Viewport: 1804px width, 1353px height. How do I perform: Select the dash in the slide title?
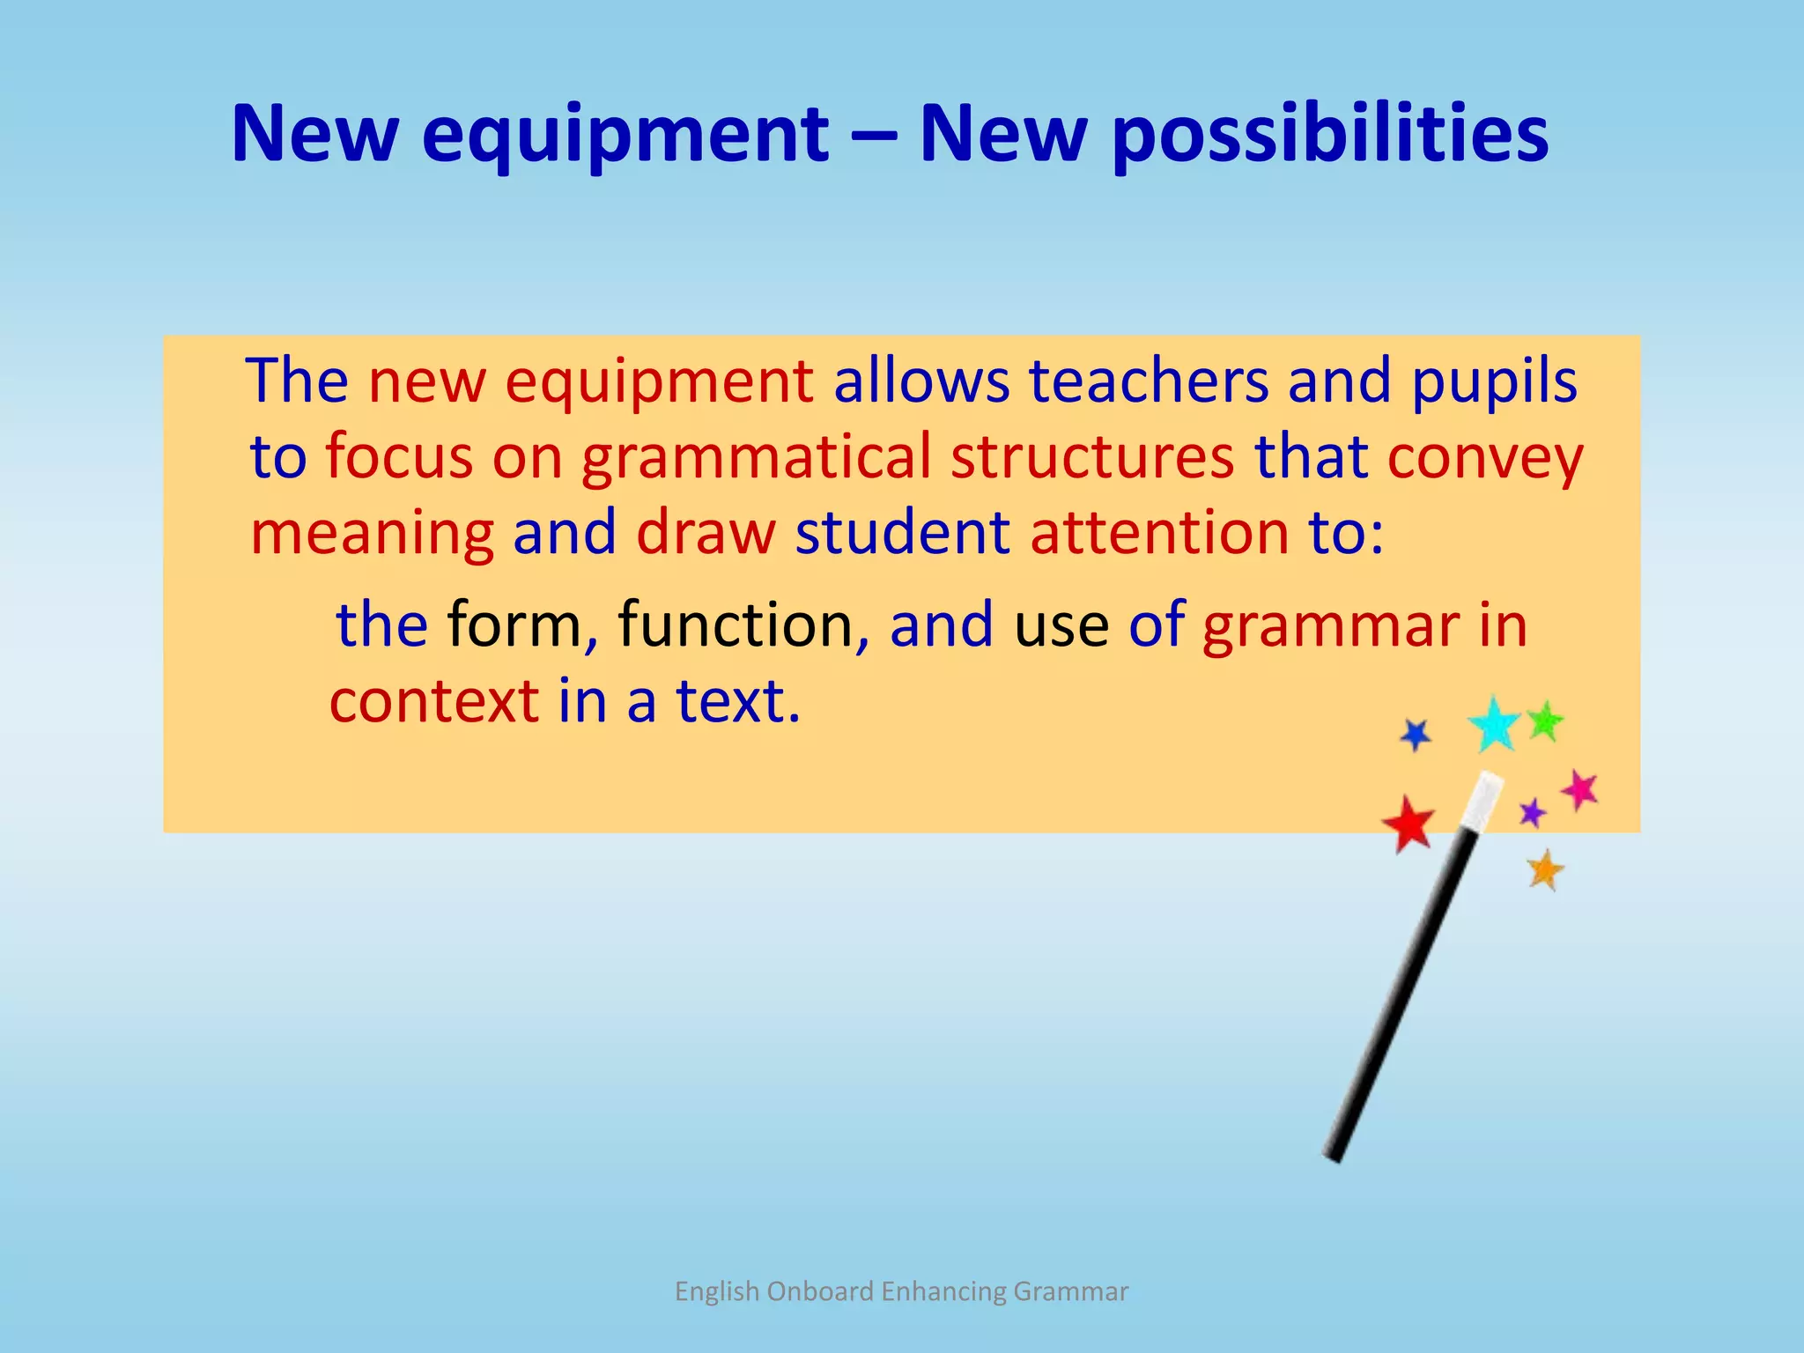(x=874, y=137)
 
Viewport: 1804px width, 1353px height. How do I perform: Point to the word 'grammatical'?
(x=756, y=458)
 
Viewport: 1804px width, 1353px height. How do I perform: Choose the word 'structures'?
(x=1092, y=458)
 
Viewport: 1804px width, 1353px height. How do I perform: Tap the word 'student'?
(x=902, y=534)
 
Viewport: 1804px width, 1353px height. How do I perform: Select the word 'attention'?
(x=1159, y=534)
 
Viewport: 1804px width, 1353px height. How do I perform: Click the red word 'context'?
(x=434, y=702)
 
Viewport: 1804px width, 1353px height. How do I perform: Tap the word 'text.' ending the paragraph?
(x=738, y=702)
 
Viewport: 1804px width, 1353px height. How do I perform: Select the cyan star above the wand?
(x=1494, y=724)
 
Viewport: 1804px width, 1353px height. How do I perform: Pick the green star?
(x=1544, y=721)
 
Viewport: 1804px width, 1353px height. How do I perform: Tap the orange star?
(x=1545, y=870)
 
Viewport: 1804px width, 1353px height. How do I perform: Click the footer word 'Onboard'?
(x=819, y=1291)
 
